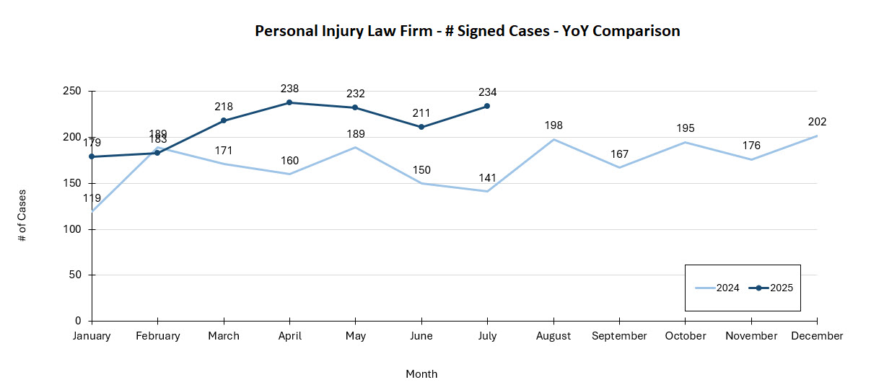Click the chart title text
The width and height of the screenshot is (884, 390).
coord(467,31)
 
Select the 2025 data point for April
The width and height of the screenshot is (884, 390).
coord(289,102)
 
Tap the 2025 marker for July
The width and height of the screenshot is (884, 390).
coord(487,106)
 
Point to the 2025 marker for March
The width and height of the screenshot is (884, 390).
coord(224,120)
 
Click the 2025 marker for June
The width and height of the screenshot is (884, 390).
coord(421,127)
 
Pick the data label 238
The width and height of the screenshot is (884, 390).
coord(289,89)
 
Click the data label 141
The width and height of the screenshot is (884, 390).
coord(487,177)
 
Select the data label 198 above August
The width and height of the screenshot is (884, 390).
coord(553,125)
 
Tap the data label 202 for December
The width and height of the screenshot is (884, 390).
coord(817,122)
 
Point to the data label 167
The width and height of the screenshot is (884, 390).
coord(619,154)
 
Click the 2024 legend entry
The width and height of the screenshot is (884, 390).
coord(717,288)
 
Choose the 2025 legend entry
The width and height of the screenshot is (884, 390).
coord(771,288)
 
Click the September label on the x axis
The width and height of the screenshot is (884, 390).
coord(619,336)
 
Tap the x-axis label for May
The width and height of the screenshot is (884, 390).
coord(356,336)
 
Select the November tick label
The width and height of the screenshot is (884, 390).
coord(751,336)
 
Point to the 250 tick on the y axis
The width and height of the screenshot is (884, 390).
coord(71,91)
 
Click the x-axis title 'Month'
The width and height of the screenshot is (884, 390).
coord(421,374)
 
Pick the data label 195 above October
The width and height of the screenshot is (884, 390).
coord(686,128)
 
